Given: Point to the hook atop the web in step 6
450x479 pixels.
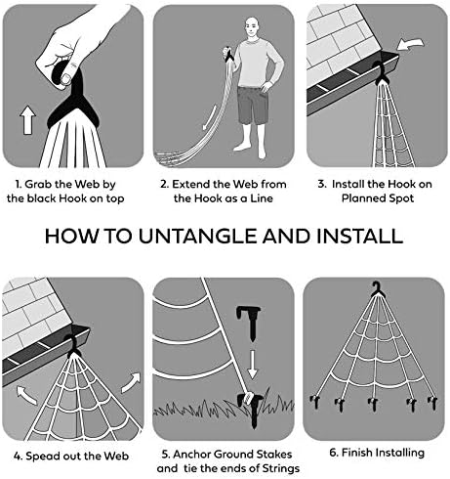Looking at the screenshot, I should pyautogui.click(x=374, y=290).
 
